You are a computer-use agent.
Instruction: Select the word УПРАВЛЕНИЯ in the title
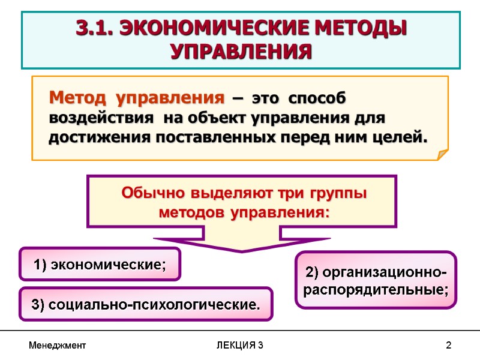(241, 52)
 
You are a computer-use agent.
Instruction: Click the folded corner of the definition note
(442, 155)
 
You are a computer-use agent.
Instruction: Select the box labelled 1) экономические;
(100, 264)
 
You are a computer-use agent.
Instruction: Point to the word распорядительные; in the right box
(376, 290)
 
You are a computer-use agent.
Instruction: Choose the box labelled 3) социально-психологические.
(146, 304)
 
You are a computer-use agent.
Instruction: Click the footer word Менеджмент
(58, 346)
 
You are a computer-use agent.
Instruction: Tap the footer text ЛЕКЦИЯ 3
(240, 346)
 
